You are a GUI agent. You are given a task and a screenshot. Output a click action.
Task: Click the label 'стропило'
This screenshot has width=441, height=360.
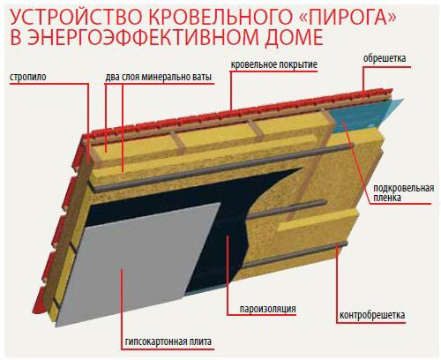(x=28, y=77)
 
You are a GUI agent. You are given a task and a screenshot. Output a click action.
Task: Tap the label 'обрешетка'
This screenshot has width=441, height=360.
(x=385, y=58)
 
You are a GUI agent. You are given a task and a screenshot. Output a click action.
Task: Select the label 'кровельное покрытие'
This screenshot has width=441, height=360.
(x=273, y=64)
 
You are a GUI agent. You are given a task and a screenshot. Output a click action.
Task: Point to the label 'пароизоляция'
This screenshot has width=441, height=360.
(x=267, y=309)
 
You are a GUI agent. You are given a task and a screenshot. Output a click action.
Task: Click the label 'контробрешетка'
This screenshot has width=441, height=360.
(x=372, y=315)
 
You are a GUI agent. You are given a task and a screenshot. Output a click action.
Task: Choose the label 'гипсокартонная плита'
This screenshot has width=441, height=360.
(x=168, y=341)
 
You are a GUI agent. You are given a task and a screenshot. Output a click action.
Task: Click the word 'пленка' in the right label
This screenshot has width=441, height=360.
(x=387, y=198)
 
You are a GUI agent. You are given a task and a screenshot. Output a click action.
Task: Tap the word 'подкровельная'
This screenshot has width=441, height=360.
(x=404, y=188)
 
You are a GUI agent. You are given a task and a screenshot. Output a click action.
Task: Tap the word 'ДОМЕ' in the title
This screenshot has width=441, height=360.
(x=294, y=38)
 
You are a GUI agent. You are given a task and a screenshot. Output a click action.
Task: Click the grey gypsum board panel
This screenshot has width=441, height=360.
(x=138, y=265)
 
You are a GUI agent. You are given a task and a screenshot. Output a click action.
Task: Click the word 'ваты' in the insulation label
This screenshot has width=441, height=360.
(x=202, y=78)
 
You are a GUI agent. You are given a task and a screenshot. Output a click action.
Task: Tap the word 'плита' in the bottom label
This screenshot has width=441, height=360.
(x=200, y=341)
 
